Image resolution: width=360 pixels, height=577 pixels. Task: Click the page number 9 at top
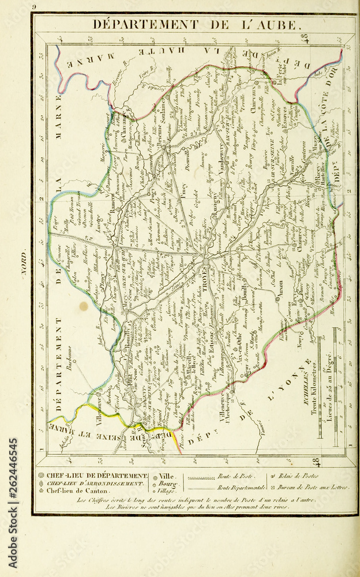35,6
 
